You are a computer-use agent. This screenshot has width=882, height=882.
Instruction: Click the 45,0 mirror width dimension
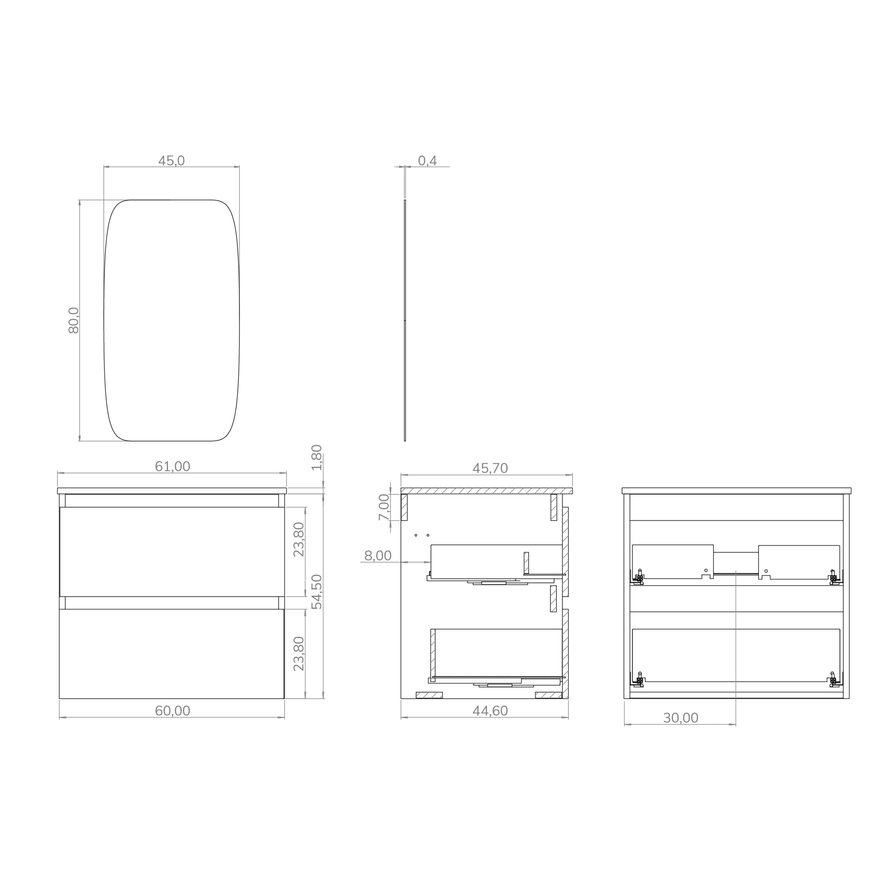pos(171,161)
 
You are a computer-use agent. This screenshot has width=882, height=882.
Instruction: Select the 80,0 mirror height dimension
pos(74,320)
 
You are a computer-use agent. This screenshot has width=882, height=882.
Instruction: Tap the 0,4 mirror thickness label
pos(427,161)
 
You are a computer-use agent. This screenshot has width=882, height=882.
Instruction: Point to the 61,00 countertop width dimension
pos(172,466)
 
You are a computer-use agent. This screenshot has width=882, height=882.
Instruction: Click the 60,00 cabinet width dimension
pos(172,711)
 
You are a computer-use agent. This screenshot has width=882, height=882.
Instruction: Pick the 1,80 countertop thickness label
pos(317,457)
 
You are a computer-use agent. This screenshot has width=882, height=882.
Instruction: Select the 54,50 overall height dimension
pos(317,592)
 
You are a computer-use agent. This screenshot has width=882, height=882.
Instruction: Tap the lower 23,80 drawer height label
pos(299,653)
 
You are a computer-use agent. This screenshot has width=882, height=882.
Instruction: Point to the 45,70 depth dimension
pos(489,469)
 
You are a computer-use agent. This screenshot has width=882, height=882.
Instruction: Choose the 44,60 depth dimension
pos(489,711)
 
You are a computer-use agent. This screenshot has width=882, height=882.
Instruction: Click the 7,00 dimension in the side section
pos(384,507)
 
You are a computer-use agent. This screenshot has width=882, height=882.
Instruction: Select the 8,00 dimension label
pos(378,556)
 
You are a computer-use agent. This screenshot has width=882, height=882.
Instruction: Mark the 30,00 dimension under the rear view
pos(680,718)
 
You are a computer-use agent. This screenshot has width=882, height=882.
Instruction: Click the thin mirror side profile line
pos(404,320)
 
